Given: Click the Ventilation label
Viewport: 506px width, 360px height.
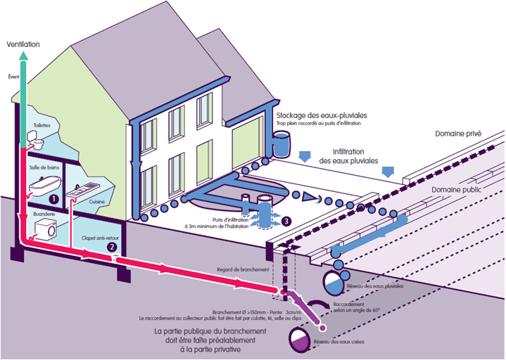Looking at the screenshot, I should click(23, 44).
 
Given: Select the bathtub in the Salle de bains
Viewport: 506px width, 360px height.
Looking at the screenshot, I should click(43, 184).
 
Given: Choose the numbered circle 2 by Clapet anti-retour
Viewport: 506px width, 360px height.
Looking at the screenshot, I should click(111, 246).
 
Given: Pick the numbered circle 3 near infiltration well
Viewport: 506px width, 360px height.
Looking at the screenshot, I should click(286, 220).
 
